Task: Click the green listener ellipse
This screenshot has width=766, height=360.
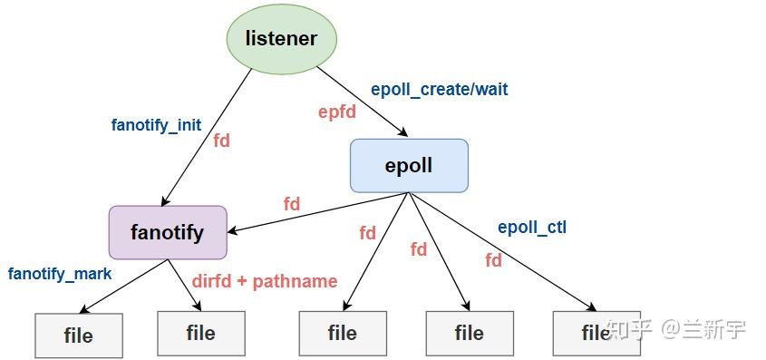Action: (281, 39)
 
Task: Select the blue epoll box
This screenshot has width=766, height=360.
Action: (409, 165)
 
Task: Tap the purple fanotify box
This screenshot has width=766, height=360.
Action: (168, 232)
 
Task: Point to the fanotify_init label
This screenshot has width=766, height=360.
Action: (156, 125)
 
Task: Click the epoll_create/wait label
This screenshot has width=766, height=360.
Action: (440, 90)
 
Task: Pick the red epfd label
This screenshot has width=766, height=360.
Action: (336, 112)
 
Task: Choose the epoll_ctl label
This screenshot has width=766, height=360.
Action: (532, 227)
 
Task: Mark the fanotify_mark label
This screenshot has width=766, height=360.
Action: (60, 273)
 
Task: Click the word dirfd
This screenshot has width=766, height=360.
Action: (211, 281)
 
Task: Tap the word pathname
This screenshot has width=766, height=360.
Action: (296, 281)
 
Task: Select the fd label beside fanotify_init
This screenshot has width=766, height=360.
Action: (222, 141)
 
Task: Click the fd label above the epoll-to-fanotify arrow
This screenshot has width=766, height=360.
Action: (292, 204)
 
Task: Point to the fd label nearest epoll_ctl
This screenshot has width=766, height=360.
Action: (494, 260)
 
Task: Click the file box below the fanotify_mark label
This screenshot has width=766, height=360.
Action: (78, 335)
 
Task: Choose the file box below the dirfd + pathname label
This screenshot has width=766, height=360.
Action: (200, 333)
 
